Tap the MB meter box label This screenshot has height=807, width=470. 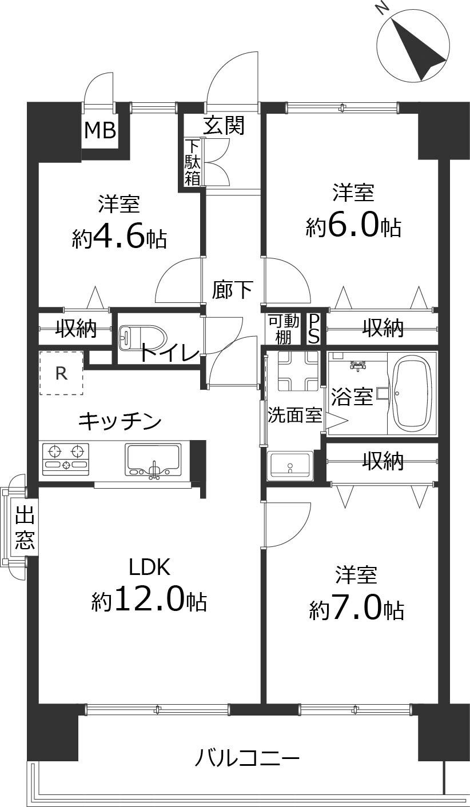coord(100,131)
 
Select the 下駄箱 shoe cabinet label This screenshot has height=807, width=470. coord(192,162)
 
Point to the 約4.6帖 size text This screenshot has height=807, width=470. coord(119,238)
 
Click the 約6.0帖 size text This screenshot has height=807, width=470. coord(353,227)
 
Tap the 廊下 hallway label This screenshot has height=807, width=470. coord(232,290)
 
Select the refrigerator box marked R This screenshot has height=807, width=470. coord(61,373)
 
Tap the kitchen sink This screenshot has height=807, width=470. coord(153,459)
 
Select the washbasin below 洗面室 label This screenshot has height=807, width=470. coord(290,465)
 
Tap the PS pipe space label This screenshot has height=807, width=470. coord(314,329)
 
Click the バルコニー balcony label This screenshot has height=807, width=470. coord(247,759)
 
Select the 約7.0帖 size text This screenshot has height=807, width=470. coord(357,610)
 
